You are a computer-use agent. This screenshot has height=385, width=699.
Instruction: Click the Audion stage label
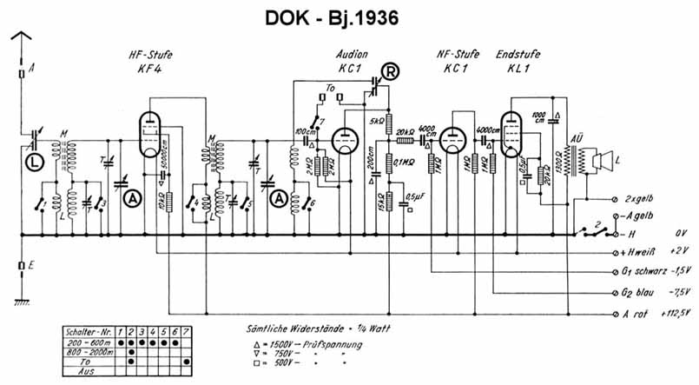pyautogui.click(x=352, y=54)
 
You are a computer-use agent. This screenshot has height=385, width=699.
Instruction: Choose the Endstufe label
pyautogui.click(x=518, y=54)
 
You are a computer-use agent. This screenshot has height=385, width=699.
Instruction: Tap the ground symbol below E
pyautogui.click(x=24, y=300)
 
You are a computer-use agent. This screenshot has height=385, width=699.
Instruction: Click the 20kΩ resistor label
pyautogui.click(x=405, y=129)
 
